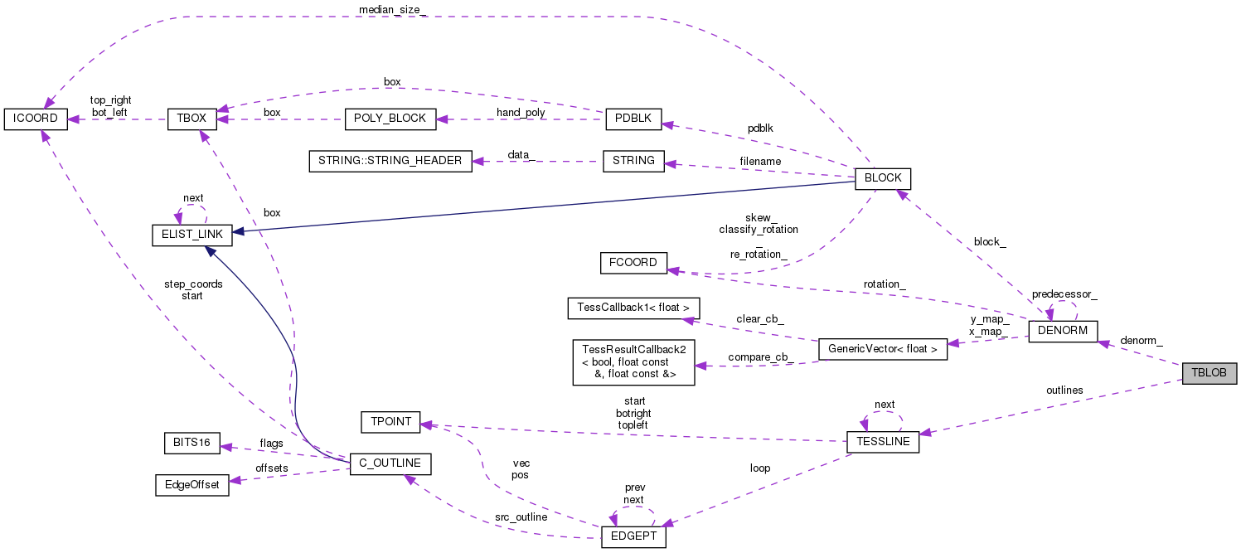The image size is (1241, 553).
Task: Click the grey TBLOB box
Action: pos(1209,373)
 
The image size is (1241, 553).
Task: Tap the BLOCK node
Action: pos(883,178)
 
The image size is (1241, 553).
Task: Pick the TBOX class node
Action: pos(191,119)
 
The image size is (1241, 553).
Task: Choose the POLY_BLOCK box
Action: pos(390,119)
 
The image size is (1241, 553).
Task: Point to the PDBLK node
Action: pos(633,119)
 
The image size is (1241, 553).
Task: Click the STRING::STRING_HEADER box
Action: pos(390,161)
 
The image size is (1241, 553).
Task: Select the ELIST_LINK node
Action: pos(191,235)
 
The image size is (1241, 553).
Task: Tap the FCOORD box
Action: pos(633,263)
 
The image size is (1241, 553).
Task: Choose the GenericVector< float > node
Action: pos(882,349)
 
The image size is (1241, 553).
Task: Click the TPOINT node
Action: pos(390,421)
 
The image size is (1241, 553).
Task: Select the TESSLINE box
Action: pos(882,442)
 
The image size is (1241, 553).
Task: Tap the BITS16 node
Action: pos(191,444)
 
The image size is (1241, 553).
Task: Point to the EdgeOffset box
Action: pos(191,485)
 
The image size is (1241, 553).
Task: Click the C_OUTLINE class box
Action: pos(390,464)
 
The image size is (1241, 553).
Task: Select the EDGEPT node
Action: pos(633,536)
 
